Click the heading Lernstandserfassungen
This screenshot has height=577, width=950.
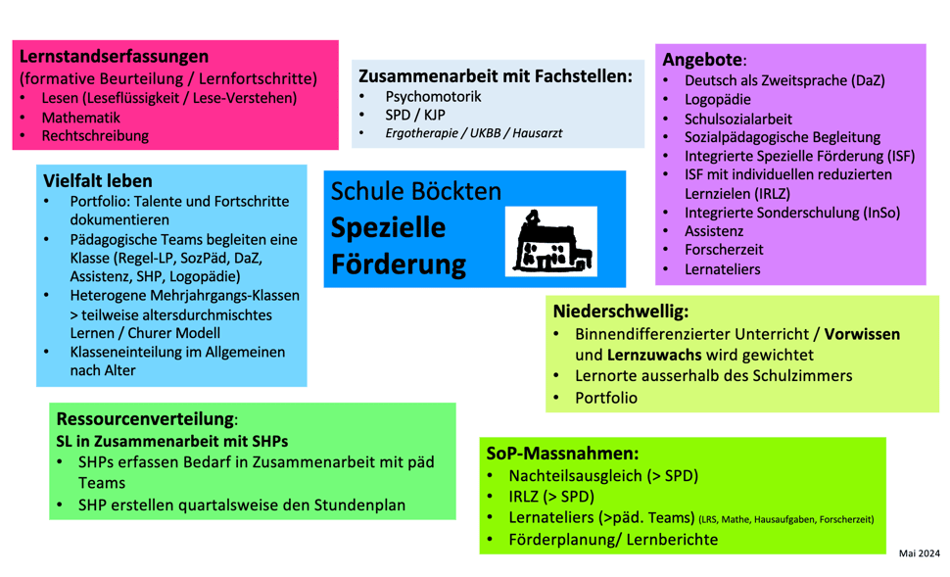114,56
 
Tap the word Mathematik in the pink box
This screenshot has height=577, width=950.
80,117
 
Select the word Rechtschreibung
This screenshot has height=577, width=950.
95,136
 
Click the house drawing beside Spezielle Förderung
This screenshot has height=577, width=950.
552,242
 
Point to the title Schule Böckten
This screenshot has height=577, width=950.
415,191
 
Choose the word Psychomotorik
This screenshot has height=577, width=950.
433,97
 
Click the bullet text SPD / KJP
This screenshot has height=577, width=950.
415,115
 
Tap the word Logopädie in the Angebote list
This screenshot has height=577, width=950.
718,100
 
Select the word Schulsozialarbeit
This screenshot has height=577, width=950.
738,119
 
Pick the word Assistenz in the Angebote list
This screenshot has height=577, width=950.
714,231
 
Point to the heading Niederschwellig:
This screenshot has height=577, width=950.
621,312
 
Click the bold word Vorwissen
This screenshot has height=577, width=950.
862,334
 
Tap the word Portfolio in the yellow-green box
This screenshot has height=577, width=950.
605,398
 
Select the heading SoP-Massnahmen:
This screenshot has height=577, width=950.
562,454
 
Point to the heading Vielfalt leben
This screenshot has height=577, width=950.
98,180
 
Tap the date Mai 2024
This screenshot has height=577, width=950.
919,553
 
